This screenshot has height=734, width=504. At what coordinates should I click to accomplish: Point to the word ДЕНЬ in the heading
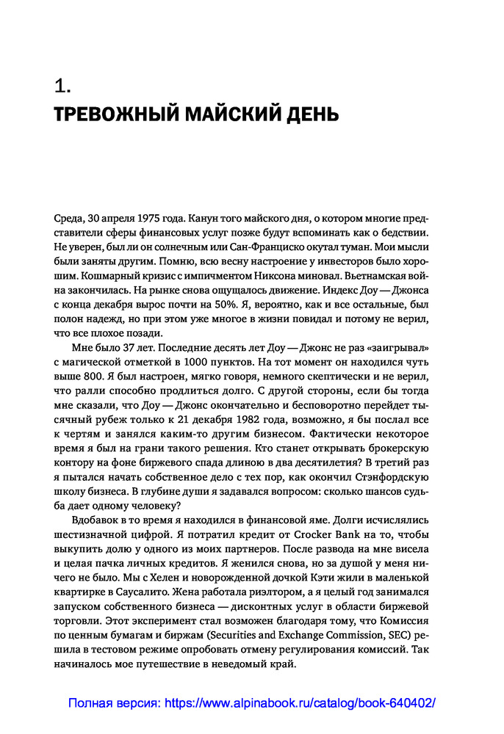(311, 115)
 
